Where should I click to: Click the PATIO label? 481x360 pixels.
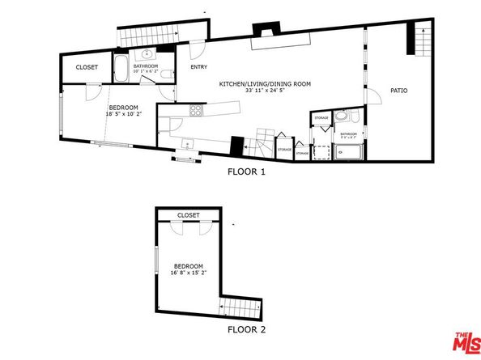pyautogui.click(x=398, y=90)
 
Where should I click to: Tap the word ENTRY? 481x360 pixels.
pyautogui.click(x=198, y=67)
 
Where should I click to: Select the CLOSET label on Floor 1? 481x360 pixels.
pyautogui.click(x=87, y=68)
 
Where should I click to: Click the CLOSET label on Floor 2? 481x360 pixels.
pyautogui.click(x=188, y=215)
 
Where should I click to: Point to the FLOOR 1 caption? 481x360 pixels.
pyautogui.click(x=246, y=172)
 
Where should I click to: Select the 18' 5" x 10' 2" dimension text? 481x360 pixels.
pyautogui.click(x=123, y=114)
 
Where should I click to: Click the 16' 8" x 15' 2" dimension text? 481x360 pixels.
pyautogui.click(x=188, y=273)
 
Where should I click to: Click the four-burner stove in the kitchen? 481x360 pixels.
pyautogui.click(x=194, y=111)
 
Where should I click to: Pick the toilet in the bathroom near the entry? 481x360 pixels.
pyautogui.click(x=166, y=75)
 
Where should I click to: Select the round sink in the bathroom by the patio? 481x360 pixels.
pyautogui.click(x=340, y=116)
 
